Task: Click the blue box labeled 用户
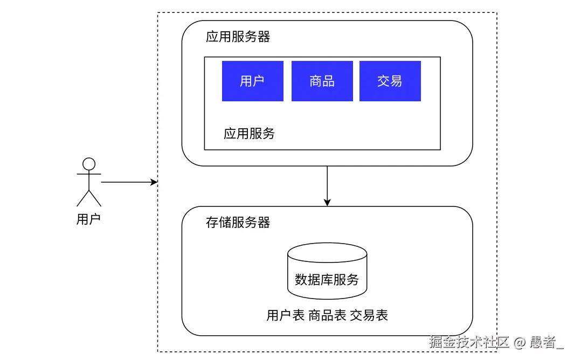(252, 81)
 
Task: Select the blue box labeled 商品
(322, 81)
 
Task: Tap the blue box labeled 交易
(390, 81)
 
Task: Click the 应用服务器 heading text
(238, 37)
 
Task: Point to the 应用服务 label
(249, 134)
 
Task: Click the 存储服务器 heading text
(238, 223)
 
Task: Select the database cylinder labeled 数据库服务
(327, 271)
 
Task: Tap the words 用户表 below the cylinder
(286, 316)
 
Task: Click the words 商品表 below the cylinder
(327, 316)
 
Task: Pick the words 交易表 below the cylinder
(369, 316)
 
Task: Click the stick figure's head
(88, 164)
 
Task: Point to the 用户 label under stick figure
(88, 219)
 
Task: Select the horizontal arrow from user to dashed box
(127, 183)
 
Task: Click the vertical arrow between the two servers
(327, 183)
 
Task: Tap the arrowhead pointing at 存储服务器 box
(327, 203)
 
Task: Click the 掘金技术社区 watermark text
(469, 342)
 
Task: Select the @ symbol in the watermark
(519, 342)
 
